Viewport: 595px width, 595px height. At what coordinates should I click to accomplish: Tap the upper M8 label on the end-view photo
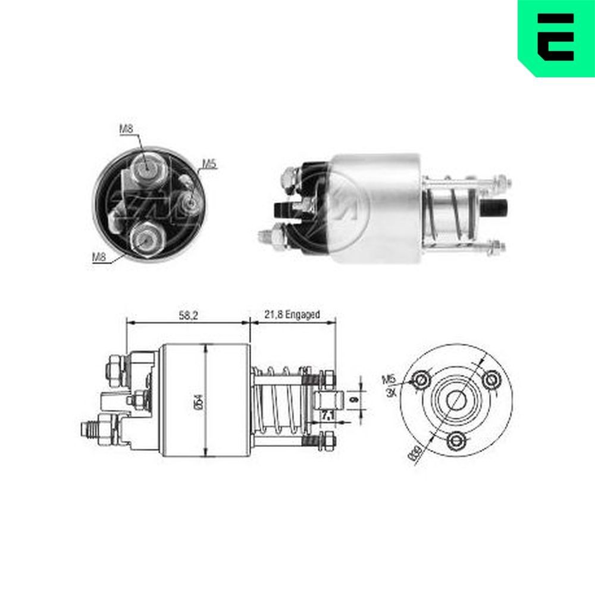tap(126, 128)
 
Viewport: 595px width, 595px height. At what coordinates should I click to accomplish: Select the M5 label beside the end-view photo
tap(208, 163)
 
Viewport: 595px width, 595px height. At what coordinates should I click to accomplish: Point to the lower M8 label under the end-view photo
tap(99, 256)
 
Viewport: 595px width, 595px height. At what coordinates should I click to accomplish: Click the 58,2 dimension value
tap(187, 315)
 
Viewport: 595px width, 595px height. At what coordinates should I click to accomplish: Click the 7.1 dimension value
tap(327, 414)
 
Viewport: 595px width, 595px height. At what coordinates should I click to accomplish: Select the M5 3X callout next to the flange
tap(389, 387)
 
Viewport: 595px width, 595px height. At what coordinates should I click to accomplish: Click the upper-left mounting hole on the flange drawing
tap(422, 380)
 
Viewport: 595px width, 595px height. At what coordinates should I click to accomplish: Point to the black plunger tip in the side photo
tap(497, 210)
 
